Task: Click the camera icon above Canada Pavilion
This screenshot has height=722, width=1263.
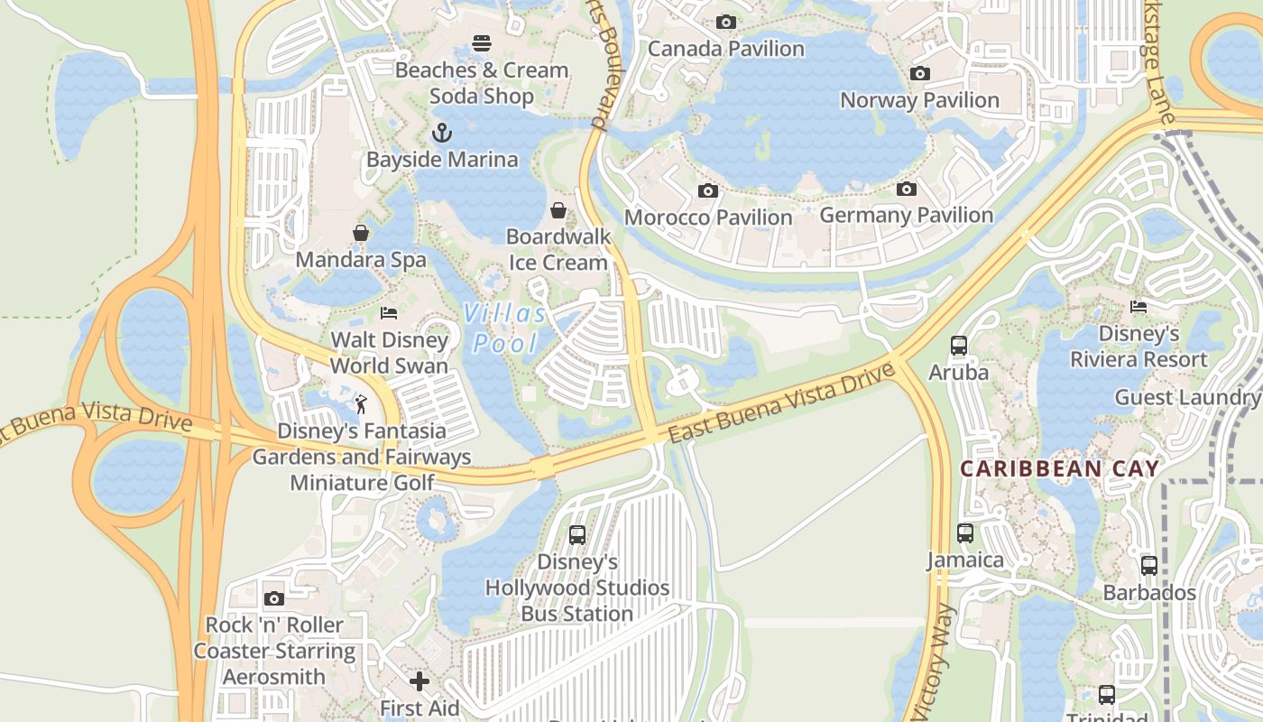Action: point(725,22)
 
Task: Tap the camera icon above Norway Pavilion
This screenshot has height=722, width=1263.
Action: point(919,73)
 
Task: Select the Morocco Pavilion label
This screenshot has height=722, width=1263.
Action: point(708,218)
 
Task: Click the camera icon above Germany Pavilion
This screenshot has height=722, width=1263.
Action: point(906,189)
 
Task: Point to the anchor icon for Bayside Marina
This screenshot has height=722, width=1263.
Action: point(442,134)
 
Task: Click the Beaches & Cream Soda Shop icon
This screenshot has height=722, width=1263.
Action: point(482,43)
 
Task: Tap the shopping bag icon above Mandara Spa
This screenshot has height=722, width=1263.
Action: point(361,233)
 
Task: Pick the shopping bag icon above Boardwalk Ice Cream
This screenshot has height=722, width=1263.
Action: point(558,210)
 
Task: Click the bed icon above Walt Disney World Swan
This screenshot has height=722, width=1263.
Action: point(389,313)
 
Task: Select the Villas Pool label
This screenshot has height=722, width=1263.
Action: point(505,328)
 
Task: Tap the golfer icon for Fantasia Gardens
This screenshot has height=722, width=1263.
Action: point(362,403)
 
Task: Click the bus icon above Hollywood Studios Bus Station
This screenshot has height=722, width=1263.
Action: point(577,534)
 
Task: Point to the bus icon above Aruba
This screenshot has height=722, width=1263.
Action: point(958,346)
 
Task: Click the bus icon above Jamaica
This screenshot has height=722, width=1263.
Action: point(965,533)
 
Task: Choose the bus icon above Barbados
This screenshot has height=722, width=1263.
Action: point(1148,566)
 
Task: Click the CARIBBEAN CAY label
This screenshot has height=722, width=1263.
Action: point(1059,468)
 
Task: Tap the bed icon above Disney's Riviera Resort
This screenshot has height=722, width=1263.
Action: point(1138,307)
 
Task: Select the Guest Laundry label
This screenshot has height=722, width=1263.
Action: point(1187,397)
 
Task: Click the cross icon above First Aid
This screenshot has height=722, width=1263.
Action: point(419,680)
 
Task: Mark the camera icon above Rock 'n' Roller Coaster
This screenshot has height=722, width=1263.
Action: point(274,598)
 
